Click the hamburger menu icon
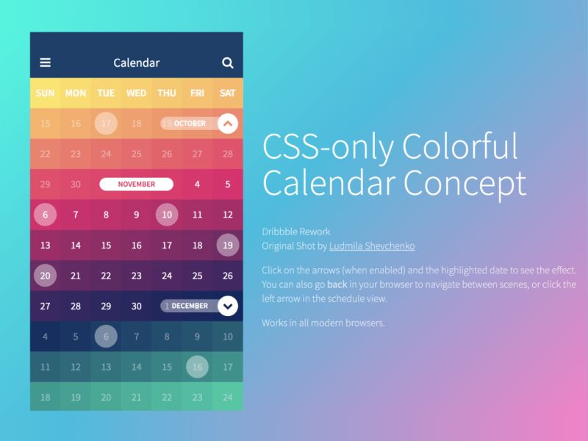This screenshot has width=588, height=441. pos(46,63)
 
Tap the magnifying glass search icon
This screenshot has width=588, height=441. pos(227,63)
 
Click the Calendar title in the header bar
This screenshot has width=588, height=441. pos(136,63)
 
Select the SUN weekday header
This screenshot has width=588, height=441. pos(46,93)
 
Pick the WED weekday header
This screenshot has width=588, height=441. pos(136,93)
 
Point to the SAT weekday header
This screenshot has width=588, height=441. pos(228,93)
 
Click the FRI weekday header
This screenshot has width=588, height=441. pos(197,93)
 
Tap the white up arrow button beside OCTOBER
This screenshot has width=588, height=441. pos(228,123)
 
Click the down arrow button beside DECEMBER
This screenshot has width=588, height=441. pos(228,306)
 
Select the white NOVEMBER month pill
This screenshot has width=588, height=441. pos(136,184)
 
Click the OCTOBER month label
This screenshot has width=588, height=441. pos(190,123)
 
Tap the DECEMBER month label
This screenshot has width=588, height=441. pos(190,306)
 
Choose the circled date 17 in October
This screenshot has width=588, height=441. pos(106,123)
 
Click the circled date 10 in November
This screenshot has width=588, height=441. pos(167,215)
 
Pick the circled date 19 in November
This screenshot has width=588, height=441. pos(228,245)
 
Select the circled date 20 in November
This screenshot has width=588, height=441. pos(46,276)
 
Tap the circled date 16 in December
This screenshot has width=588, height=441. pos(197,367)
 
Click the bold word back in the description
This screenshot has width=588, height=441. pos(337,284)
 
